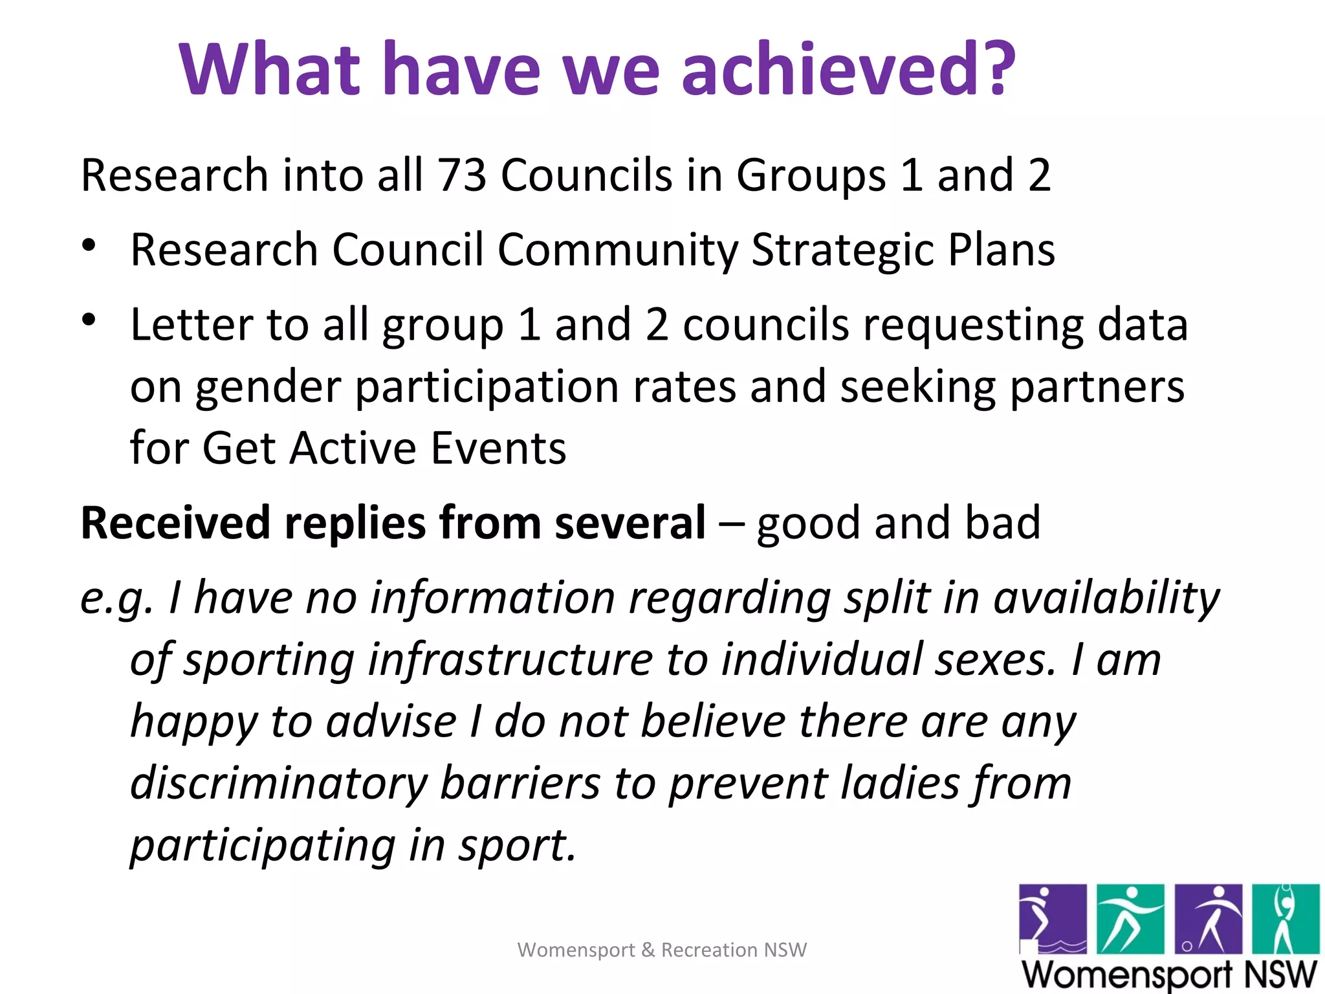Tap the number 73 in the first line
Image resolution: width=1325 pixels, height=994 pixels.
(x=462, y=175)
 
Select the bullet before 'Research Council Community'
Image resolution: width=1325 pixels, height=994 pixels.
(x=89, y=246)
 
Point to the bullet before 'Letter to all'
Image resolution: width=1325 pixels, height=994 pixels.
(x=89, y=320)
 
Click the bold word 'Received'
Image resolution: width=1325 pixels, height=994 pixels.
(x=176, y=522)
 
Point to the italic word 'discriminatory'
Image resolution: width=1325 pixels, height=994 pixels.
(x=279, y=784)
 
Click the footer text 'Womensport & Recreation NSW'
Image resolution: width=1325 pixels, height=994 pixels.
(x=662, y=949)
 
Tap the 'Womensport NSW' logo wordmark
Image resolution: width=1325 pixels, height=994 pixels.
(x=1169, y=974)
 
